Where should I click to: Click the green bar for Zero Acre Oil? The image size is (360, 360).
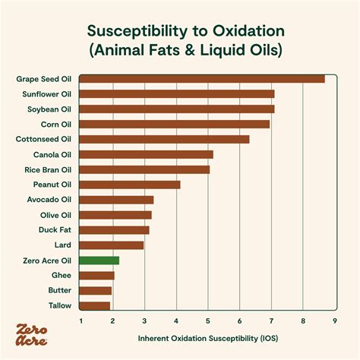[x=99, y=261]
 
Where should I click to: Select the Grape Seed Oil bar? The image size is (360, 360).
[x=202, y=78]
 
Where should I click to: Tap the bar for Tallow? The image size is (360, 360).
[x=95, y=306]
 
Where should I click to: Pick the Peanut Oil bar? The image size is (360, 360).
[x=130, y=185]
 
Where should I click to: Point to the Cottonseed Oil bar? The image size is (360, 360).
[x=164, y=139]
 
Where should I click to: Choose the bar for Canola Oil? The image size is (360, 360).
[x=147, y=154]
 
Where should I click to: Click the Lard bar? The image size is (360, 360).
[x=112, y=245]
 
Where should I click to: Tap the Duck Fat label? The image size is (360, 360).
[x=55, y=229]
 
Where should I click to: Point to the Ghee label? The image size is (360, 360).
[x=62, y=275]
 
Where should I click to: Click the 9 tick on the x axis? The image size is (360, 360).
[x=335, y=321]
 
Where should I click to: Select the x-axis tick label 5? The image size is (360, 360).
[x=208, y=321]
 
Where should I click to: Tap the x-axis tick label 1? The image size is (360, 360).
[x=81, y=321]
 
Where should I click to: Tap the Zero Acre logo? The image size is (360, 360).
[x=32, y=335]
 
